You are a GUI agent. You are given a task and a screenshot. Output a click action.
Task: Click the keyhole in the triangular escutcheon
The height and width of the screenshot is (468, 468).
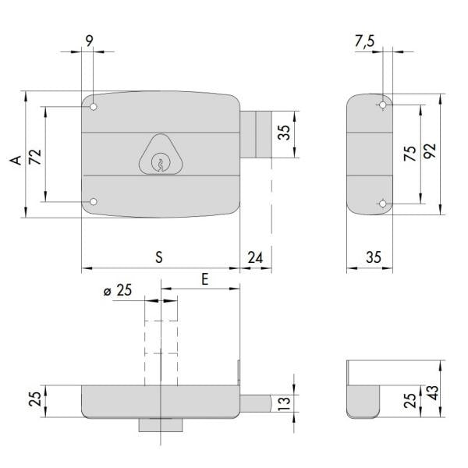[x=161, y=162]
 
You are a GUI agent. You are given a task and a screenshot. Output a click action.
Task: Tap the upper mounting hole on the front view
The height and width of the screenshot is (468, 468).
[x=94, y=107]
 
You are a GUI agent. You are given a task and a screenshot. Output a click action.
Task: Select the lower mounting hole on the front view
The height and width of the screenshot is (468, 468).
[x=94, y=202]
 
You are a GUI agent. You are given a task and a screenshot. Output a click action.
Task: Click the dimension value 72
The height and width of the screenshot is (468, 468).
[x=35, y=157]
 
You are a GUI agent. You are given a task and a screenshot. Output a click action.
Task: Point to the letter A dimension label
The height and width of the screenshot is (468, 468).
[x=16, y=160]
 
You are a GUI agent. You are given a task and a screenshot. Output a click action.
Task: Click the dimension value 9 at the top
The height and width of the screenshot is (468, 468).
[x=89, y=41]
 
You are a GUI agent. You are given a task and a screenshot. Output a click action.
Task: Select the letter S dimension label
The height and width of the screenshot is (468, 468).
[x=159, y=257]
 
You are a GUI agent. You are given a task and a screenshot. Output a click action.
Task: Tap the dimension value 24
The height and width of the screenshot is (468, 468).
[x=256, y=257]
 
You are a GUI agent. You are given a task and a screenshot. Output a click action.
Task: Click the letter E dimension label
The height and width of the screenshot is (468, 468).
[x=204, y=280]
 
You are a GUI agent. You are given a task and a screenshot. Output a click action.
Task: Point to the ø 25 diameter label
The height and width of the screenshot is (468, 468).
[x=118, y=290]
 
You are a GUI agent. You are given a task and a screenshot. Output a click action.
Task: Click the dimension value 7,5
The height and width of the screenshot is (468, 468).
[x=365, y=41]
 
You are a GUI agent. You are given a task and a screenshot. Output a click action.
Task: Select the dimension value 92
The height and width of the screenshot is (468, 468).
[x=430, y=151]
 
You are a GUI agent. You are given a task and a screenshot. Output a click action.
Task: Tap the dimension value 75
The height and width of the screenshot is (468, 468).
[x=410, y=154]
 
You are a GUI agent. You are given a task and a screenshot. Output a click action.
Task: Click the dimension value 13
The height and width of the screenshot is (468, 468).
[x=284, y=403]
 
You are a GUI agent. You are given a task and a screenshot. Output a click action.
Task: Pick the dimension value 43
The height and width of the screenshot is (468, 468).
[x=434, y=393]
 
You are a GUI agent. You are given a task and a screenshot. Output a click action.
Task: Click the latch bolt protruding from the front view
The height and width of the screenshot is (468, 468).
[x=256, y=135]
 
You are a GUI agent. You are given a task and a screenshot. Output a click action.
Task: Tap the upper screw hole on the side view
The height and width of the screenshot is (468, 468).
[x=383, y=105]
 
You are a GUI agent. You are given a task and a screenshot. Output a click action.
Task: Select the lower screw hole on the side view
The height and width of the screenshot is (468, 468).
[x=383, y=204]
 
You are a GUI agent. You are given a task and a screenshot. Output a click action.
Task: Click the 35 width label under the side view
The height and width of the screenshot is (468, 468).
[x=374, y=257]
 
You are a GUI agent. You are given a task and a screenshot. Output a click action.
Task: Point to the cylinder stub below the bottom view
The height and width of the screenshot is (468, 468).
[x=161, y=425]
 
